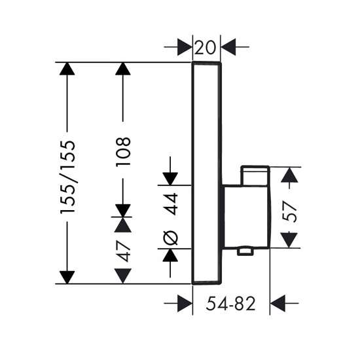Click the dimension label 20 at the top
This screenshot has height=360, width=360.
coord(205,48)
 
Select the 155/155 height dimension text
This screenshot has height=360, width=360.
coord(67,177)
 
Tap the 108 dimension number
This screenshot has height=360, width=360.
coord(123,152)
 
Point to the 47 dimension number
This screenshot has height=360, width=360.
coord(123,251)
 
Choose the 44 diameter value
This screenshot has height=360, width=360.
coord(171,204)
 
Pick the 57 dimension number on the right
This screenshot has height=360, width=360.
coord(289,211)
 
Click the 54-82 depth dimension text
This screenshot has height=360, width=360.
coord(230,304)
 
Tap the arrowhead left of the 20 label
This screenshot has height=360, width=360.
coord(185,47)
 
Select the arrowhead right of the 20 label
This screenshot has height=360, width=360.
coord(228,47)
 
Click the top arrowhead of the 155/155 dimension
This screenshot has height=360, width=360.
coord(67,69)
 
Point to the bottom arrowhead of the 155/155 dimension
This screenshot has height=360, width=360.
coord(67,278)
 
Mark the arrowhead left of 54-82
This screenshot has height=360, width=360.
coord(185,304)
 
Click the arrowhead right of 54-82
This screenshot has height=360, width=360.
coord(278,304)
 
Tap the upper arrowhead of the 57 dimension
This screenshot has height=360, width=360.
coord(289,175)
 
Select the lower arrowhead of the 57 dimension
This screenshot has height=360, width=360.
coord(289,240)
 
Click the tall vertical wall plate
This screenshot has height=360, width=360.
coord(193,173)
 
